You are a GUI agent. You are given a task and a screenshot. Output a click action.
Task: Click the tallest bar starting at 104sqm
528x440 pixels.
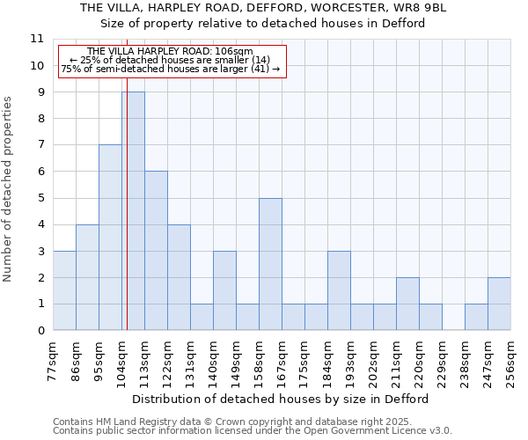tap(133, 211)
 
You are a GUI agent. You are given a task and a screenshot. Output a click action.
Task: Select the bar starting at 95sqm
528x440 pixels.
tap(110, 238)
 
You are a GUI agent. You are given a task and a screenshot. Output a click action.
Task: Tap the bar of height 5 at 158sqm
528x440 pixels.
tap(270, 264)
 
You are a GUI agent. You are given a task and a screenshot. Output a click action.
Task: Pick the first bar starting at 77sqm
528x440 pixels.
tap(64, 290)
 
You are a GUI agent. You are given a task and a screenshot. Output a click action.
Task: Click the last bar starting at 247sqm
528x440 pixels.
tap(499, 304)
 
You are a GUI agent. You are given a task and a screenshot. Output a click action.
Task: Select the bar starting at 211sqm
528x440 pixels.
tap(407, 304)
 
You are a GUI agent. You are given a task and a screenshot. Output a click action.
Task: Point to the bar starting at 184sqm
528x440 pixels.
tap(339, 290)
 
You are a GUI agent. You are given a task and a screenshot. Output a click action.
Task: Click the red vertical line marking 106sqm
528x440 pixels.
tap(127, 220)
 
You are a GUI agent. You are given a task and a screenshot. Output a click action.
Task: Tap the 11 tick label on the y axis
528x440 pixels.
tap(37, 39)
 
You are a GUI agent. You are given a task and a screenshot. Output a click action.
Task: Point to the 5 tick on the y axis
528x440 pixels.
tap(40, 198)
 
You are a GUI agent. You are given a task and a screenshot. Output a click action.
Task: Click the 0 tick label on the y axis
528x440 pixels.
tap(40, 331)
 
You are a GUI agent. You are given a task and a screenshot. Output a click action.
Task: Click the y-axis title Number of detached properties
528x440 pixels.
tap(9, 190)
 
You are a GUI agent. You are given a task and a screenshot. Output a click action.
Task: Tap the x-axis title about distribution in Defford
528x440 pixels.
tap(282, 399)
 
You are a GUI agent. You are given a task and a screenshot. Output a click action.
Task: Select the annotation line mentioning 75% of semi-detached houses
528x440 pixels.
tap(171, 69)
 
